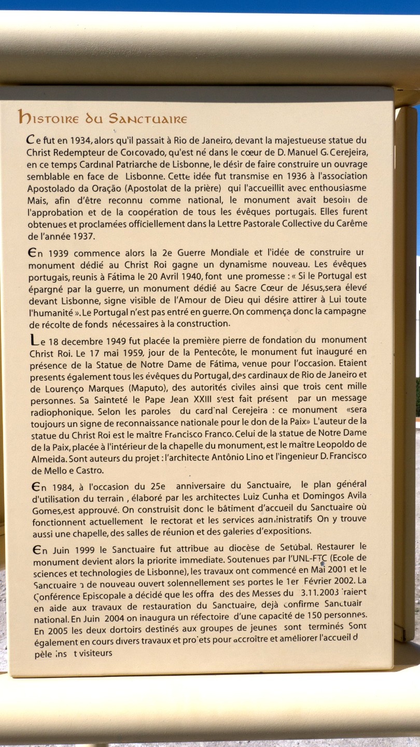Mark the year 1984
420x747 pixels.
click(x=62, y=487)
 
